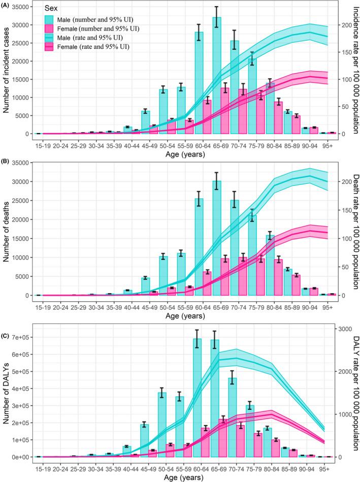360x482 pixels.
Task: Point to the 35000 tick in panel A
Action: [x=22, y=7]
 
